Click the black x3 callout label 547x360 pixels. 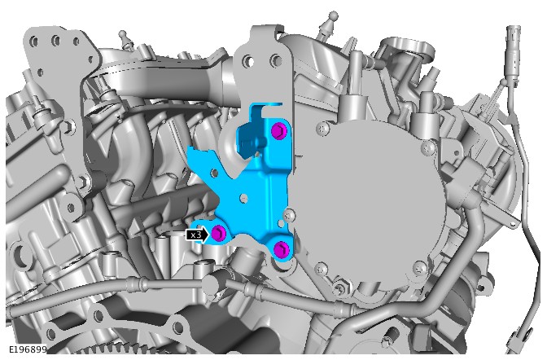[x=197, y=235]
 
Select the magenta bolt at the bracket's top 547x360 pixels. [x=278, y=132]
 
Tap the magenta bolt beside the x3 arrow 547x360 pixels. [x=219, y=232]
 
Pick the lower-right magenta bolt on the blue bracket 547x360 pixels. [x=281, y=249]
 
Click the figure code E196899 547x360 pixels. [x=28, y=349]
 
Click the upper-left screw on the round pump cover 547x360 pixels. [x=322, y=128]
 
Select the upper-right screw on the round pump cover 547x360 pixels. [x=428, y=148]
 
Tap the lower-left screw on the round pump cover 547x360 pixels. [x=321, y=268]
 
